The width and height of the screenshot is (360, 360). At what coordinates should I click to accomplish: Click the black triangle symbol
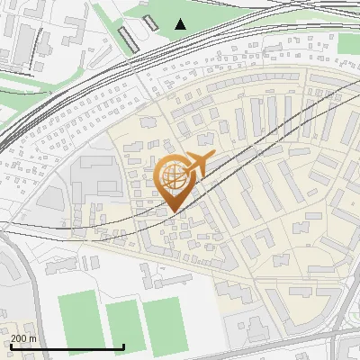pyautogui.click(x=181, y=24)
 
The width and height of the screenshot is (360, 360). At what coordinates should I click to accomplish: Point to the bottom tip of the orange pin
pyautogui.click(x=172, y=212)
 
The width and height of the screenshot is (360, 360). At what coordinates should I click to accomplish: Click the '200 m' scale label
pyautogui.click(x=24, y=338)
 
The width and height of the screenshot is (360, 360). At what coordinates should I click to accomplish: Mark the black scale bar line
pyautogui.click(x=67, y=347)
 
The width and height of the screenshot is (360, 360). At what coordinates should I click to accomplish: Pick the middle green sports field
pyautogui.click(x=123, y=327)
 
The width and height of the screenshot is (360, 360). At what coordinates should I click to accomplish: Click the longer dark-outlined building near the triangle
pyautogui.click(x=130, y=38)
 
